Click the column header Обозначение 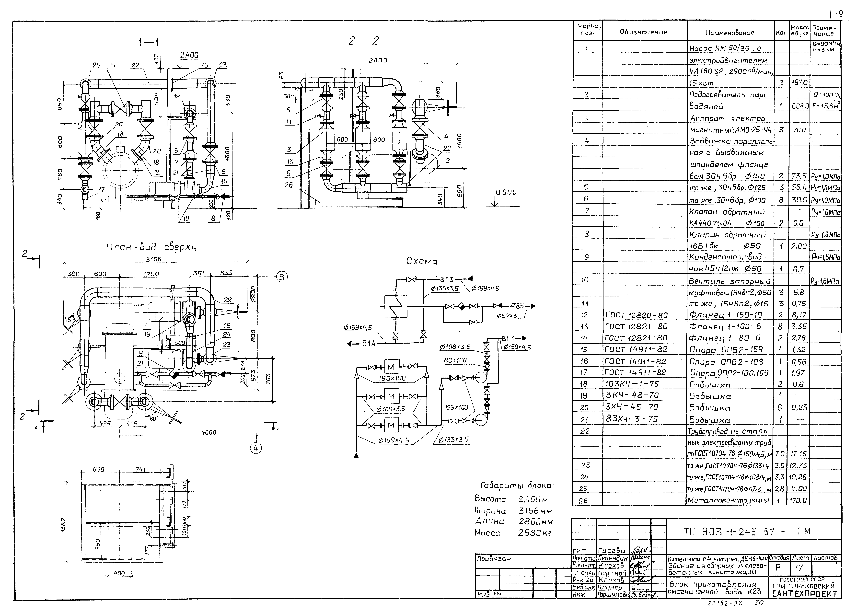click(x=643, y=32)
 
